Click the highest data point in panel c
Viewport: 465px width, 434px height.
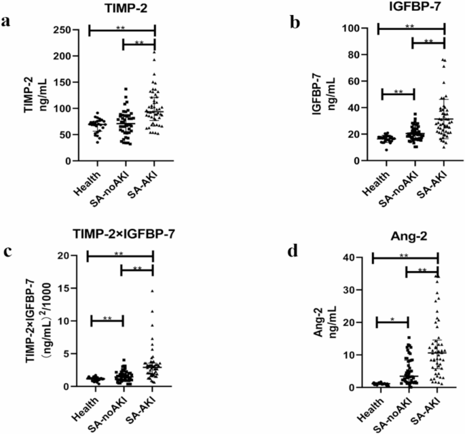[152, 291]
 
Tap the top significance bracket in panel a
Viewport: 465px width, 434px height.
[122, 29]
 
